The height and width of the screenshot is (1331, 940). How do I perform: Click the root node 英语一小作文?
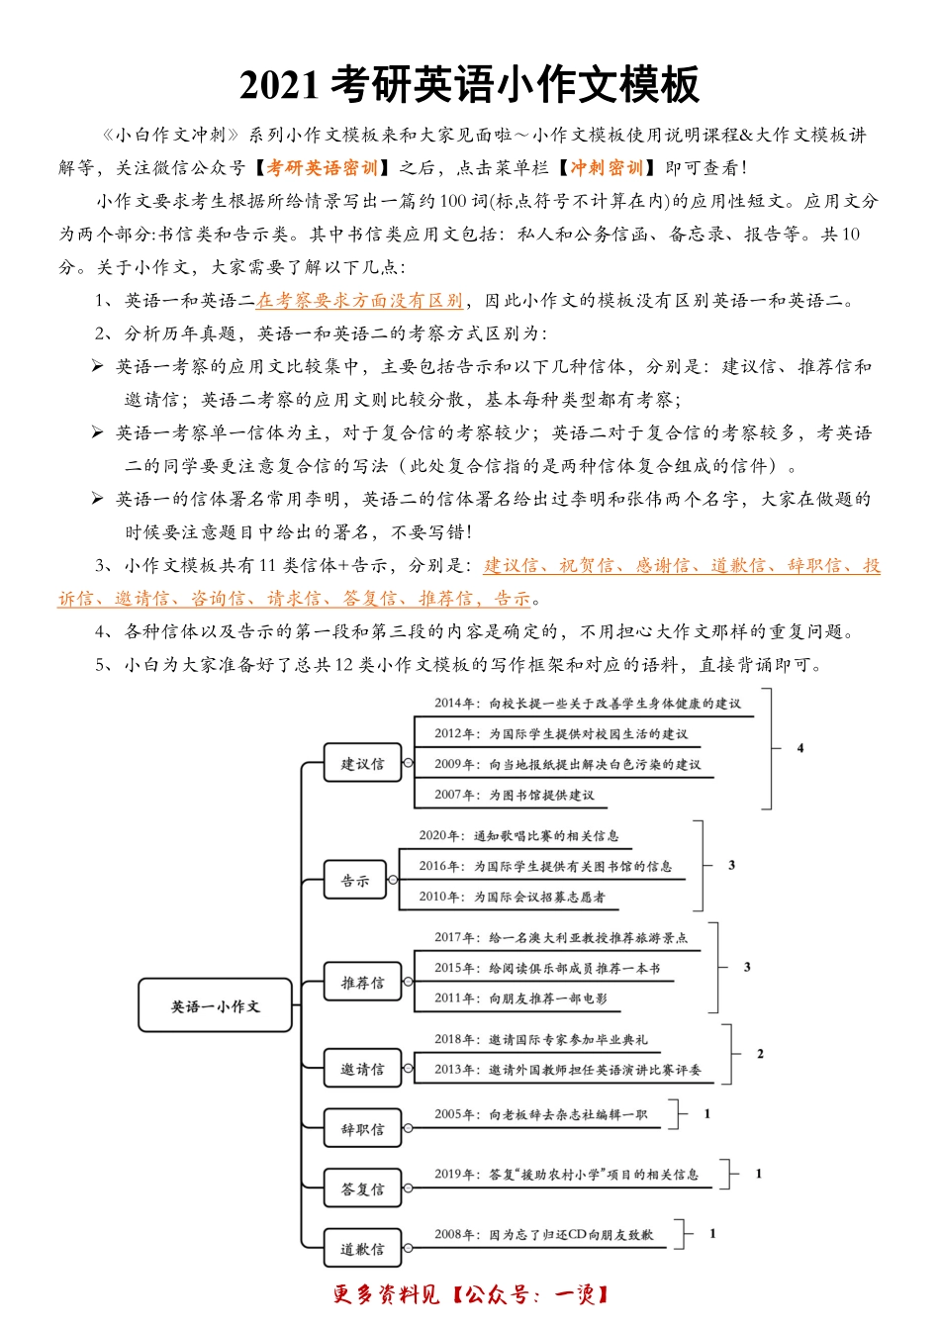215,1006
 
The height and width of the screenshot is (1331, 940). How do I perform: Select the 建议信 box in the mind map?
363,764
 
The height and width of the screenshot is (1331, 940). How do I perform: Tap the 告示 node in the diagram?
355,881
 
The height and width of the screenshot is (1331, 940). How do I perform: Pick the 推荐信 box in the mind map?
363,983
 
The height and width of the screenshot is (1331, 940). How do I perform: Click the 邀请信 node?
363,1070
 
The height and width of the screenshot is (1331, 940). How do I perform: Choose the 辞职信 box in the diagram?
363,1129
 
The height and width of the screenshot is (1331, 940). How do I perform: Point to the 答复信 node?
363,1189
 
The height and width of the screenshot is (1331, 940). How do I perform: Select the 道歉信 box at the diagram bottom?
363,1250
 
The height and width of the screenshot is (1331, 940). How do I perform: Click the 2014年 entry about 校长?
587,704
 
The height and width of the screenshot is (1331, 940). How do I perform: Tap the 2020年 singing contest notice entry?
518,836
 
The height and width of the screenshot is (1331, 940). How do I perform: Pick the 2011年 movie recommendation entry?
520,998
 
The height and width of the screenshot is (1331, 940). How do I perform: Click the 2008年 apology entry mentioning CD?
543,1235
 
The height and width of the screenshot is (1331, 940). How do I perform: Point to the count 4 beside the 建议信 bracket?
800,748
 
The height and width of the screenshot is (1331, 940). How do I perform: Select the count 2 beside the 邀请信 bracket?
760,1054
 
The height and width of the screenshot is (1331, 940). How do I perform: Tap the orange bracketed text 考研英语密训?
322,168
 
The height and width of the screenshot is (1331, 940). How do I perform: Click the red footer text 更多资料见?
387,1294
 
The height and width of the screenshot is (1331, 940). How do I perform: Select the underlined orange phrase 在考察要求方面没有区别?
359,301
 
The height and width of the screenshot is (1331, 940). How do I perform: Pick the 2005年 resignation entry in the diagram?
540,1114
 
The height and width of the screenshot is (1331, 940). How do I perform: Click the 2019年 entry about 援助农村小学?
566,1175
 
